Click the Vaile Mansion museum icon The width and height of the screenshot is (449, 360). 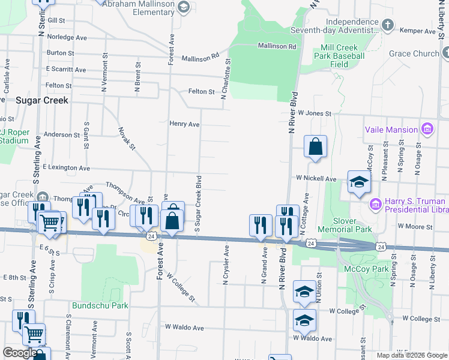(x=427, y=129)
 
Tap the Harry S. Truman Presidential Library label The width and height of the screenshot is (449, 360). (x=415, y=206)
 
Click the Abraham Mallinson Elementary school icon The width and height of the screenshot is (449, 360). (x=184, y=7)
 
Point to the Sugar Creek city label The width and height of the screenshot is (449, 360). (x=41, y=100)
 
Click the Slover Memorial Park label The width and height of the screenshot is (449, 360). (x=353, y=224)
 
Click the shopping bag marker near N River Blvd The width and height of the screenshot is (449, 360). (x=315, y=146)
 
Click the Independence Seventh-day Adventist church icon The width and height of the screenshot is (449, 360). (x=388, y=25)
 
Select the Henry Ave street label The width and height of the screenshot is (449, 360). (x=184, y=124)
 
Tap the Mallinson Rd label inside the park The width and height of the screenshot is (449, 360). (x=277, y=46)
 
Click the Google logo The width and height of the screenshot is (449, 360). (x=19, y=353)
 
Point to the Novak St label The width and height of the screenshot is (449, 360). (x=127, y=139)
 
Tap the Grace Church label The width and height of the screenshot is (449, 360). (x=414, y=53)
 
